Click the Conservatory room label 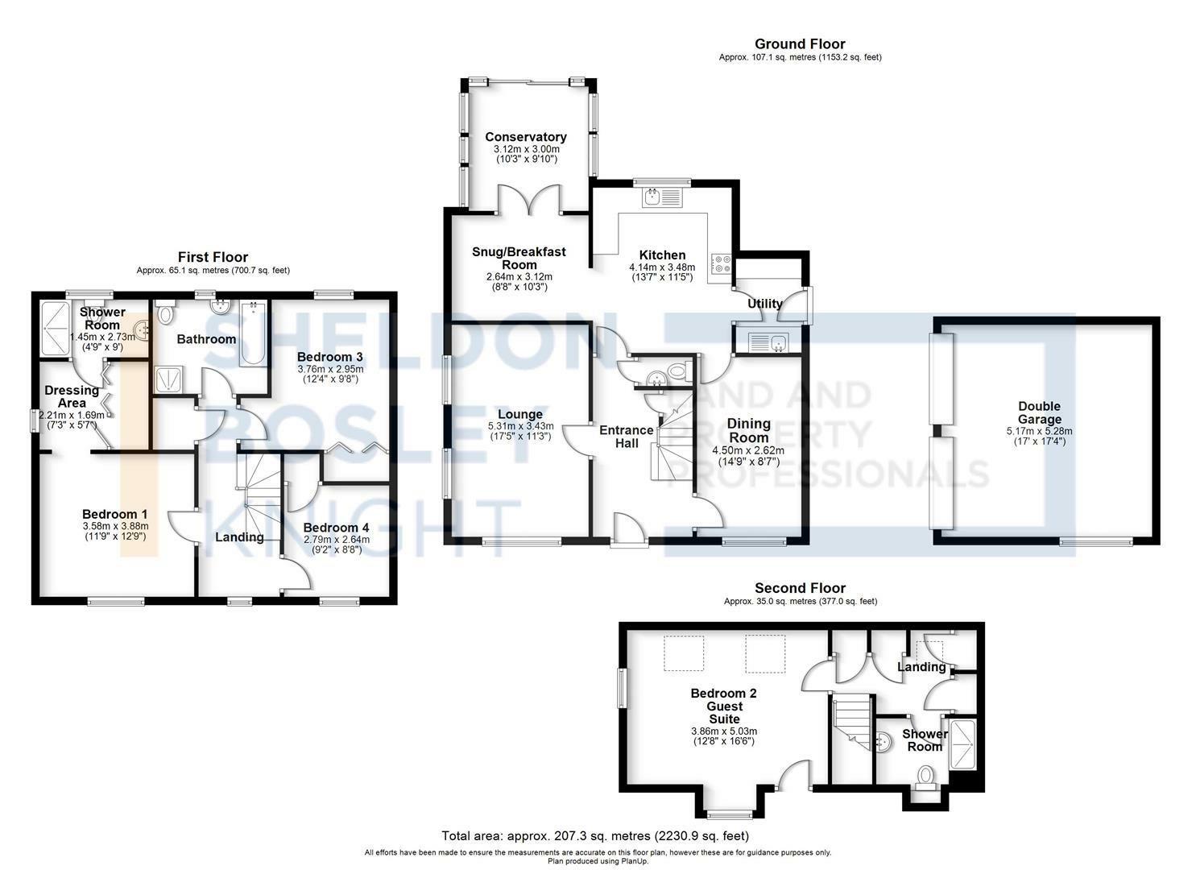click(525, 137)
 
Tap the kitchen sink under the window click(663, 197)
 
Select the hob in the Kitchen click(721, 264)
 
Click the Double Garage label click(1039, 412)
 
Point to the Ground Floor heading click(800, 43)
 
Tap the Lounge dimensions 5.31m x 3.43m click(520, 426)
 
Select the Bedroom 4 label click(336, 528)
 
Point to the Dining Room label click(748, 430)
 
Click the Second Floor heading click(801, 588)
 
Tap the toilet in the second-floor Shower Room click(925, 777)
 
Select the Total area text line click(595, 836)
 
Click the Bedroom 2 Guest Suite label click(724, 706)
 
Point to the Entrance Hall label click(627, 437)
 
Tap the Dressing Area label click(72, 396)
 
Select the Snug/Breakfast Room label click(519, 259)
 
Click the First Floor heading click(213, 258)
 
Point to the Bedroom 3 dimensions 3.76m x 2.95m click(330, 369)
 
